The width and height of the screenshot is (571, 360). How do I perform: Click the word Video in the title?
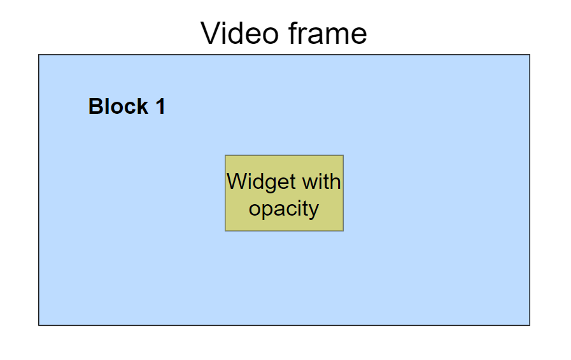pos(239,33)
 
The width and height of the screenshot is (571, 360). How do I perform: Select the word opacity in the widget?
pos(284,209)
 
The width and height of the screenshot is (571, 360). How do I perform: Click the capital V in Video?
pos(210,33)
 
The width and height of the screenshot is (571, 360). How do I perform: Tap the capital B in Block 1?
pos(95,106)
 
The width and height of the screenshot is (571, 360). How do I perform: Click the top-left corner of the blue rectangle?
pos(39,55)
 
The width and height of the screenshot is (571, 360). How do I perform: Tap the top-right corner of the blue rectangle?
pos(530,55)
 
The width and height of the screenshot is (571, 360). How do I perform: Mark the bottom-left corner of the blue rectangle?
pos(39,325)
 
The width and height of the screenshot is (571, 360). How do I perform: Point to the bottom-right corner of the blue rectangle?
pos(530,325)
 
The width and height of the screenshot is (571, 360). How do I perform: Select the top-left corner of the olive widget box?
pos(225,156)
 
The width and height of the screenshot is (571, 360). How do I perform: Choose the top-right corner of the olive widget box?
pos(343,156)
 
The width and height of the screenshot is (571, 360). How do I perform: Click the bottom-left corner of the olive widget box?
pos(225,230)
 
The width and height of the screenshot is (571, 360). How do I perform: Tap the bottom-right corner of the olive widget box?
pos(343,230)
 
